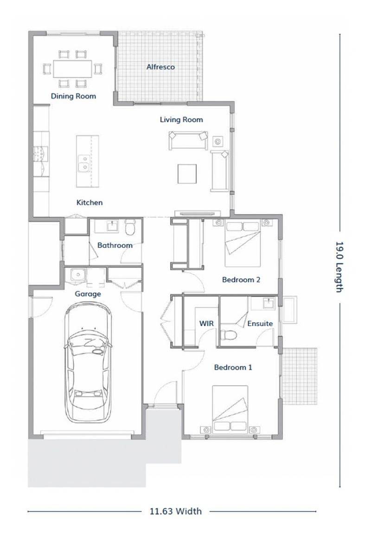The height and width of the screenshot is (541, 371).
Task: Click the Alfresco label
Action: click(x=160, y=67)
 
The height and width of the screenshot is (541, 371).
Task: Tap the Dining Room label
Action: click(x=73, y=96)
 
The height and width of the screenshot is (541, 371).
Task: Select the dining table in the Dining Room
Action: click(x=73, y=69)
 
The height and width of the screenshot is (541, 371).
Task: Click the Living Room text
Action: click(x=181, y=120)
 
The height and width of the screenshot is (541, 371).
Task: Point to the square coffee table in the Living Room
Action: click(x=187, y=174)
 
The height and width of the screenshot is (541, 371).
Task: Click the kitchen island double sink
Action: click(x=83, y=163)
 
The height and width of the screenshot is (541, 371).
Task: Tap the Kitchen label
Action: click(x=90, y=202)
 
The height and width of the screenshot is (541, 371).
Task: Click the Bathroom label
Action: click(x=115, y=245)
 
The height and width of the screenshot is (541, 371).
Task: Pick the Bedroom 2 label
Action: click(x=241, y=279)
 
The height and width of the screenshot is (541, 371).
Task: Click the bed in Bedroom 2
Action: click(x=243, y=244)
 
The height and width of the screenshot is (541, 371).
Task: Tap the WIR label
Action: click(x=206, y=324)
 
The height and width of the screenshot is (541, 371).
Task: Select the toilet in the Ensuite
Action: click(x=228, y=335)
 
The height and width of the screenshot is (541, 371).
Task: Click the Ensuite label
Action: click(x=260, y=324)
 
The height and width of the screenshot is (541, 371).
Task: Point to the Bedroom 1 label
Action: click(x=233, y=367)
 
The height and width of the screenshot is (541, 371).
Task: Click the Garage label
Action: click(x=88, y=294)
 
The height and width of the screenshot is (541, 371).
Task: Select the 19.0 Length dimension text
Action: click(x=340, y=267)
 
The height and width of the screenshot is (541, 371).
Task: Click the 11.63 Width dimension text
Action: click(x=175, y=511)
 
